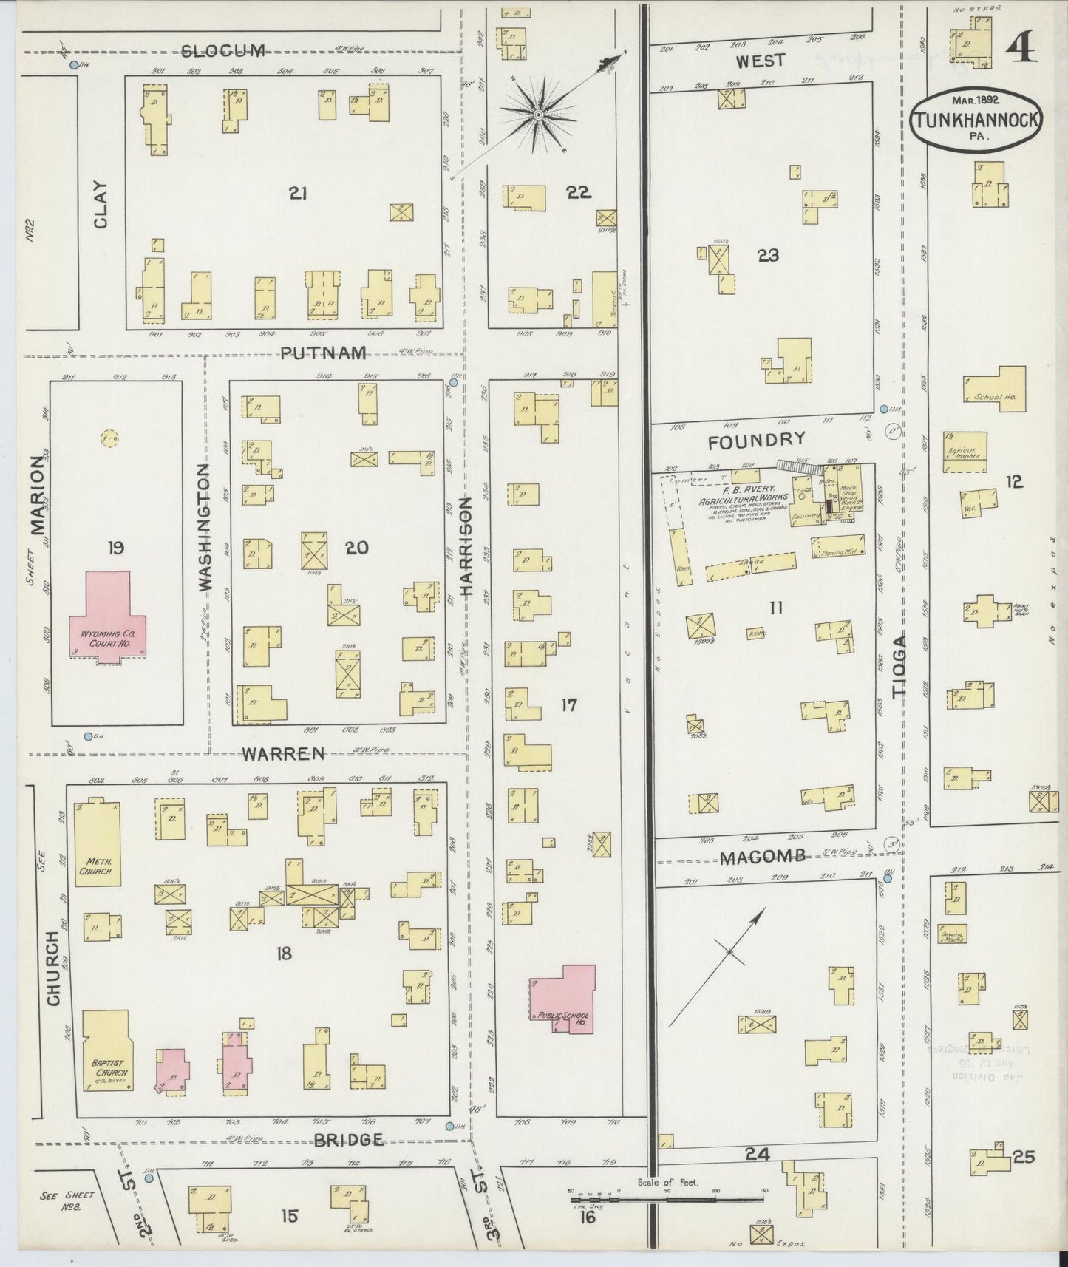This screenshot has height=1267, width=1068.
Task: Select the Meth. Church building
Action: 97,843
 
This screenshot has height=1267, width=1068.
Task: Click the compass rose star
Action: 540,115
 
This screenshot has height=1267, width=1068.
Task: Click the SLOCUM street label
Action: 222,51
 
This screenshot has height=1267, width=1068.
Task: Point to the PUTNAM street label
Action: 324,353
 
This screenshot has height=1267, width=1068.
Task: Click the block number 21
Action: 298,194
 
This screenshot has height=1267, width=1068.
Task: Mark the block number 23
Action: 768,256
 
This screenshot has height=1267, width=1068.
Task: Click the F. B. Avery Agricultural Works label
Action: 740,497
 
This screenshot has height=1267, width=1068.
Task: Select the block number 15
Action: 290,1215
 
